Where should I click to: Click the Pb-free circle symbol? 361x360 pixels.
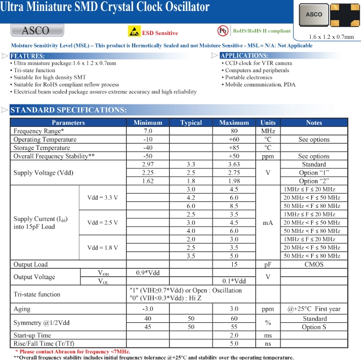(222, 31)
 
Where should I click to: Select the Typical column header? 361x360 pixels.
(191, 123)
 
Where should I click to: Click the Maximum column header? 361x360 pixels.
(234, 123)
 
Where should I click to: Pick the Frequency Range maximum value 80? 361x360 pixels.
(234, 131)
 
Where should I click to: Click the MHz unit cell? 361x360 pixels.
(268, 131)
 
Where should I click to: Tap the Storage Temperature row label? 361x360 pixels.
(42, 148)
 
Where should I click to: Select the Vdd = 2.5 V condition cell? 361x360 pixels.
(102, 223)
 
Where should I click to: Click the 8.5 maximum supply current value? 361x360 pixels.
(234, 206)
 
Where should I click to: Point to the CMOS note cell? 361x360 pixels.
(314, 264)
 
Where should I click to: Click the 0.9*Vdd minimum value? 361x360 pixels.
(147, 272)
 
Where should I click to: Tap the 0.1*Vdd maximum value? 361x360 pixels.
(234, 281)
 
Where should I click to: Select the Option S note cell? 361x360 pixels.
(314, 327)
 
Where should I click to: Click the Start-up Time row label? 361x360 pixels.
(32, 335)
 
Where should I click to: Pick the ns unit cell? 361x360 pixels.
(268, 344)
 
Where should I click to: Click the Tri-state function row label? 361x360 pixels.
(37, 294)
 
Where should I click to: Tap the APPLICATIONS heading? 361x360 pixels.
(244, 56)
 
